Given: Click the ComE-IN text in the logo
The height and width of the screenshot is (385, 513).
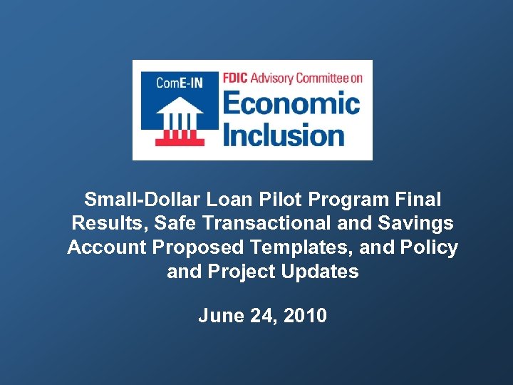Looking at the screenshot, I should [180, 83].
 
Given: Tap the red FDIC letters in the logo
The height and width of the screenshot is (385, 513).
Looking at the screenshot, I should [237, 78].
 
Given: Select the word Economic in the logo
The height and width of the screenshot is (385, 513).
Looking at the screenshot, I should [292, 105].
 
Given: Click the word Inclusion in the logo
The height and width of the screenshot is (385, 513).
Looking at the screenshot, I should [284, 134].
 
